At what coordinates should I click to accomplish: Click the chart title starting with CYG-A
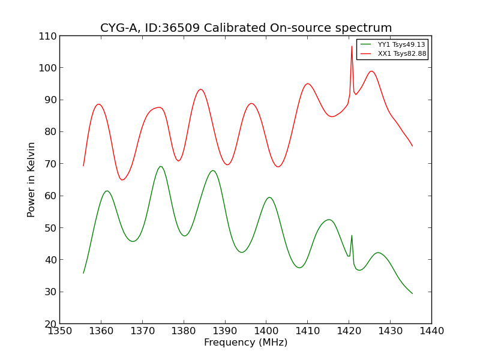246,28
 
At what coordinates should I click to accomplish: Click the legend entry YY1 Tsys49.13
401,45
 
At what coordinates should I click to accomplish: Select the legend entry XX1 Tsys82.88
401,54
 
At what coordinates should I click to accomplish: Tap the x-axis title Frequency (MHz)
245,343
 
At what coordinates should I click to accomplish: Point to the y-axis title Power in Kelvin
32,179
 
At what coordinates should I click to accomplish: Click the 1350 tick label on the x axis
59,331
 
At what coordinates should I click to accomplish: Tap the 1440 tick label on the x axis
431,331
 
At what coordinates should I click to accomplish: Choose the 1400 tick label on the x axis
266,331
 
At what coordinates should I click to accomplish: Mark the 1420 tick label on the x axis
349,331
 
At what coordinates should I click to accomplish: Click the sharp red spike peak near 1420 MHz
352,46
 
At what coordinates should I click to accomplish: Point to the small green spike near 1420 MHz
352,235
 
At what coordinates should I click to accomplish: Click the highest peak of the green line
160,166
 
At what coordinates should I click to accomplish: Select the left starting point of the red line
83,166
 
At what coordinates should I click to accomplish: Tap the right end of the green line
412,293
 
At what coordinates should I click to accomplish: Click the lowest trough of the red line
122,180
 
